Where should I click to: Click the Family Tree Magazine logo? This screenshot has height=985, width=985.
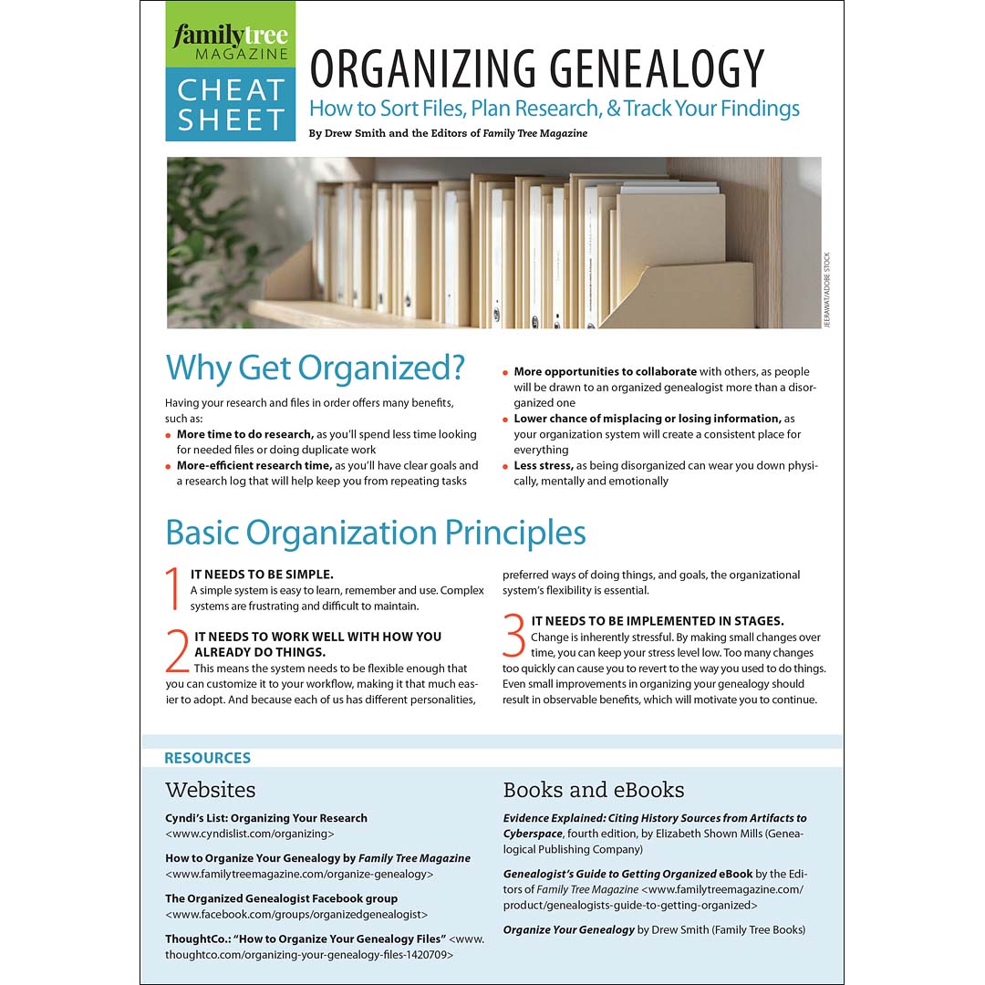[231, 42]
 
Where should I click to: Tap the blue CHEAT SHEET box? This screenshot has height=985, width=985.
[231, 104]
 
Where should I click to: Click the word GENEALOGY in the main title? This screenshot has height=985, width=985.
[648, 68]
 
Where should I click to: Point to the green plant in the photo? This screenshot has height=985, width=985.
[205, 242]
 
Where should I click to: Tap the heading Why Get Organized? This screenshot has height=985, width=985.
[315, 368]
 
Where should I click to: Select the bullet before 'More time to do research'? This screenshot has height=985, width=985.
[169, 435]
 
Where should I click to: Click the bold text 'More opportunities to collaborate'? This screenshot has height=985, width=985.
[605, 371]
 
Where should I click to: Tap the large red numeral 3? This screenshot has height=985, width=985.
[514, 636]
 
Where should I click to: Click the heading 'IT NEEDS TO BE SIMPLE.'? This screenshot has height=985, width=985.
[262, 574]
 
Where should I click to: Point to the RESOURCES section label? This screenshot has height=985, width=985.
[207, 758]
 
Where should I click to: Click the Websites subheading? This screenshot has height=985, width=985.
[210, 789]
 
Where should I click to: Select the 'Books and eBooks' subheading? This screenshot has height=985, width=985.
[593, 789]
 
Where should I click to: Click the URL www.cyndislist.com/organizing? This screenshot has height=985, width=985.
[250, 833]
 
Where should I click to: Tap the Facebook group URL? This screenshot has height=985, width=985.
[296, 913]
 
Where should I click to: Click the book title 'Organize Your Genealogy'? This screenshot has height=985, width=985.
[568, 929]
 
